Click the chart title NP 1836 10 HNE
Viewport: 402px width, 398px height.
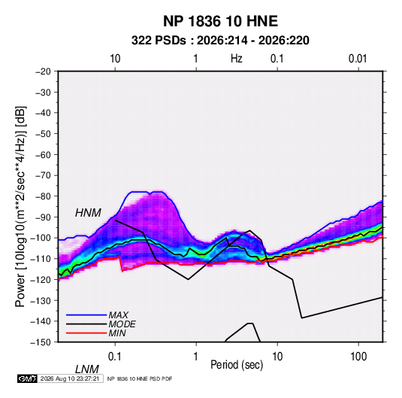tap(220, 21)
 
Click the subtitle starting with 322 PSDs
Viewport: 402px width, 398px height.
tap(220, 41)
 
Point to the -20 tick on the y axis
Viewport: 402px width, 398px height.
tap(43, 71)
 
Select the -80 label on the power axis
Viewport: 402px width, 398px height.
tap(43, 196)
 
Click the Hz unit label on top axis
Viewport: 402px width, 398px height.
tap(236, 59)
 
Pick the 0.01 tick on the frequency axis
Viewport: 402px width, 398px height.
tap(358, 59)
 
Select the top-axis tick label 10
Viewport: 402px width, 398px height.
tap(115, 59)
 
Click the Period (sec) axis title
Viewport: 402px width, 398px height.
tap(237, 365)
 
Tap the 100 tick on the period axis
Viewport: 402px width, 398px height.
tap(358, 357)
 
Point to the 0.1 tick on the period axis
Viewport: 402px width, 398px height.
tap(115, 357)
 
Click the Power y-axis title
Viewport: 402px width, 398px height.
tap(20, 207)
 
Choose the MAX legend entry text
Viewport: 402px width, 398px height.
tap(119, 315)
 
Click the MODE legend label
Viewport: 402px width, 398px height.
tap(122, 324)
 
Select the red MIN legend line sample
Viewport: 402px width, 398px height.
tap(86, 333)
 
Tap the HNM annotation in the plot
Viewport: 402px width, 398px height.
tap(88, 213)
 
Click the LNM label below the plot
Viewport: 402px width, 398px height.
tap(87, 369)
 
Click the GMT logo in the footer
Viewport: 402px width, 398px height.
tap(27, 378)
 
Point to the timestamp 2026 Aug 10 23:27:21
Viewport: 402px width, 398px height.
tap(70, 378)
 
